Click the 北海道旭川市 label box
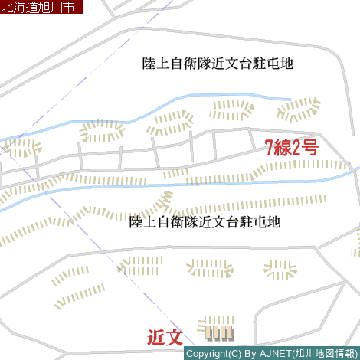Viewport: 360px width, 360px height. pos(41,7)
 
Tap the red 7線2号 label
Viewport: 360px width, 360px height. pos(292,148)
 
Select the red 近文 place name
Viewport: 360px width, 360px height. pos(165,338)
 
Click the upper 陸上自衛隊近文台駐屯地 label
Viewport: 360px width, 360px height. pos(218,64)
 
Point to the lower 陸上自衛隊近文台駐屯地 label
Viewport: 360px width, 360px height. pos(205,222)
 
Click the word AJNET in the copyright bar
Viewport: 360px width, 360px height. pos(275,354)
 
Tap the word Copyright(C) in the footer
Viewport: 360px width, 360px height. pos(214,354)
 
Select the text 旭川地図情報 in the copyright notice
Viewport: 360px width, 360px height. pos(326,354)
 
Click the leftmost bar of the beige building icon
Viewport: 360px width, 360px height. pos(208,333)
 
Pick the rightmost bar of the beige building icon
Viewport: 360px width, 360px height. pos(230,333)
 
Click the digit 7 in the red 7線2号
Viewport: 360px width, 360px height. pos(269,148)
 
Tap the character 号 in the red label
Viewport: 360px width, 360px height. pos(310,148)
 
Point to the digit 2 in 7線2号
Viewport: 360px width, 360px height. pos(296,148)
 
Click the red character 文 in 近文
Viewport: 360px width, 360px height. pos(175,338)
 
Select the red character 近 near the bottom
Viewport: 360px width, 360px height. pos(155,338)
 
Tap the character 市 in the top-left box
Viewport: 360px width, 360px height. pos(68,7)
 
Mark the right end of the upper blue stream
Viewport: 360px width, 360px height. pos(290,100)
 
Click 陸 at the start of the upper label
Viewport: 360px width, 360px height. pos(149,64)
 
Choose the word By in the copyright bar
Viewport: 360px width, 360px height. pos(250,354)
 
